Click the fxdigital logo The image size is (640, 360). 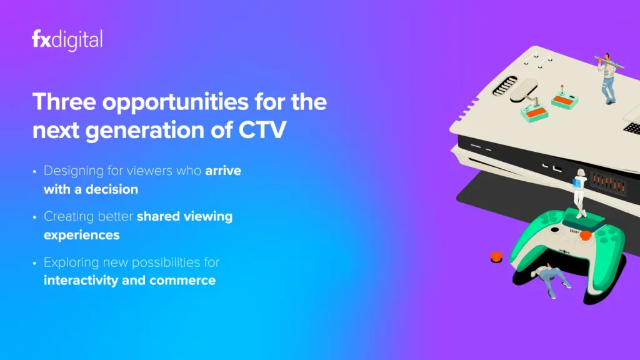pos(67,40)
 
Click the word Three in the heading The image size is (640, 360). pos(64,102)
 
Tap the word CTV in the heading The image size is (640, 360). pos(262,130)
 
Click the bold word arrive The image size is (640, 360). pos(223,171)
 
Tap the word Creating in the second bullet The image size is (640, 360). pos(67,217)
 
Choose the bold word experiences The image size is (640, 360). pos(82,236)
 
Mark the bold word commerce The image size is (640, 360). pos(182,281)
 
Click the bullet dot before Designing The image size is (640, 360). pos(35,171)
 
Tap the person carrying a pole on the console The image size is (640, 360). pos(607,78)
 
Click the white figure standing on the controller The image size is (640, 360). pos(579,192)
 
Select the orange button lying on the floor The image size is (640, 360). pos(496,257)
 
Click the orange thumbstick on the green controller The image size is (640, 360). pos(586,235)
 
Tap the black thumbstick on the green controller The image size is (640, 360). pos(555,230)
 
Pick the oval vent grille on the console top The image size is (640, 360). pos(504,86)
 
